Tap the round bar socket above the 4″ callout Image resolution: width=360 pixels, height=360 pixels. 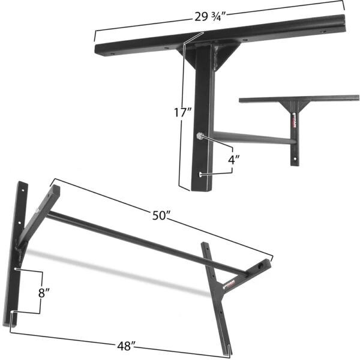click(x=199, y=136)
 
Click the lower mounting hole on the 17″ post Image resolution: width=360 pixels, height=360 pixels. click(x=200, y=175)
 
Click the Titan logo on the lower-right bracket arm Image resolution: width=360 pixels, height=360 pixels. click(x=230, y=281)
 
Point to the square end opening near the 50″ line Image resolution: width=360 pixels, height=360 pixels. click(x=262, y=265)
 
